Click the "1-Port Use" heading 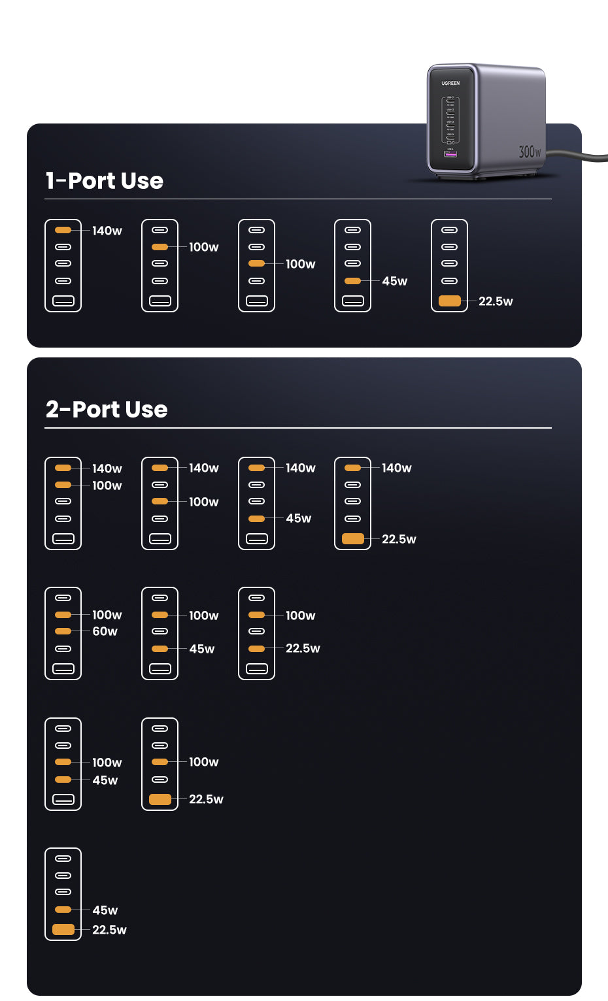pyautogui.click(x=105, y=180)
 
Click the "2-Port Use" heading pyautogui.click(x=107, y=409)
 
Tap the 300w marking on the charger pyautogui.click(x=530, y=152)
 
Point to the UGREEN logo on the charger pyautogui.click(x=450, y=83)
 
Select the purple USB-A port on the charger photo pyautogui.click(x=450, y=154)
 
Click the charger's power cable pyautogui.click(x=579, y=156)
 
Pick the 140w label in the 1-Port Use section pyautogui.click(x=107, y=231)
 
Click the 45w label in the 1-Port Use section pyautogui.click(x=395, y=281)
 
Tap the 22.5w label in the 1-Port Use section pyautogui.click(x=496, y=301)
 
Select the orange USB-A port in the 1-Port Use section pyautogui.click(x=450, y=301)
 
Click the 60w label pyautogui.click(x=105, y=631)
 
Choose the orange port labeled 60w pyautogui.click(x=63, y=631)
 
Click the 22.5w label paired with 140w pyautogui.click(x=399, y=539)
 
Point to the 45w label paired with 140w pyautogui.click(x=299, y=518)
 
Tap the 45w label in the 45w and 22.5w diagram pyautogui.click(x=105, y=910)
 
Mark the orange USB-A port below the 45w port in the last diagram pyautogui.click(x=63, y=929)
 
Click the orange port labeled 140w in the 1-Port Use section pyautogui.click(x=63, y=230)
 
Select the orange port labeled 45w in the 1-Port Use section pyautogui.click(x=352, y=281)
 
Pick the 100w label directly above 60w pyautogui.click(x=107, y=615)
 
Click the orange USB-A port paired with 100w pyautogui.click(x=160, y=799)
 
